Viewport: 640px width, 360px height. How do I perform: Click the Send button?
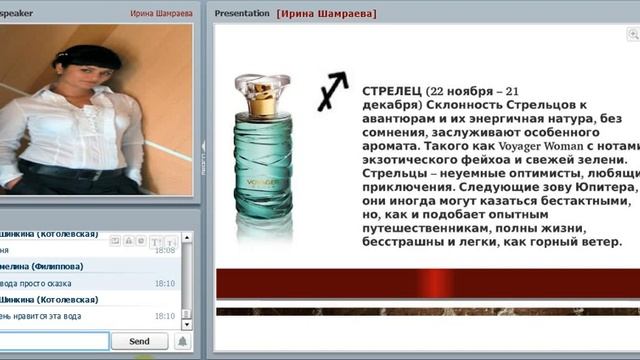(x=141, y=342)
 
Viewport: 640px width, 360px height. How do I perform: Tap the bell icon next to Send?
(x=182, y=342)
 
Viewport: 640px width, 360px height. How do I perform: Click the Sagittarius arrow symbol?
(x=333, y=90)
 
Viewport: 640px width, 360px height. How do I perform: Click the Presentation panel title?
(x=243, y=14)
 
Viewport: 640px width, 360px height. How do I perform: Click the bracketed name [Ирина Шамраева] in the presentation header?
(x=327, y=14)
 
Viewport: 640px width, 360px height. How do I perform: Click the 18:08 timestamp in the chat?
(x=165, y=250)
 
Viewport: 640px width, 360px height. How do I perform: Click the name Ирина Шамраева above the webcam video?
(x=161, y=14)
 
